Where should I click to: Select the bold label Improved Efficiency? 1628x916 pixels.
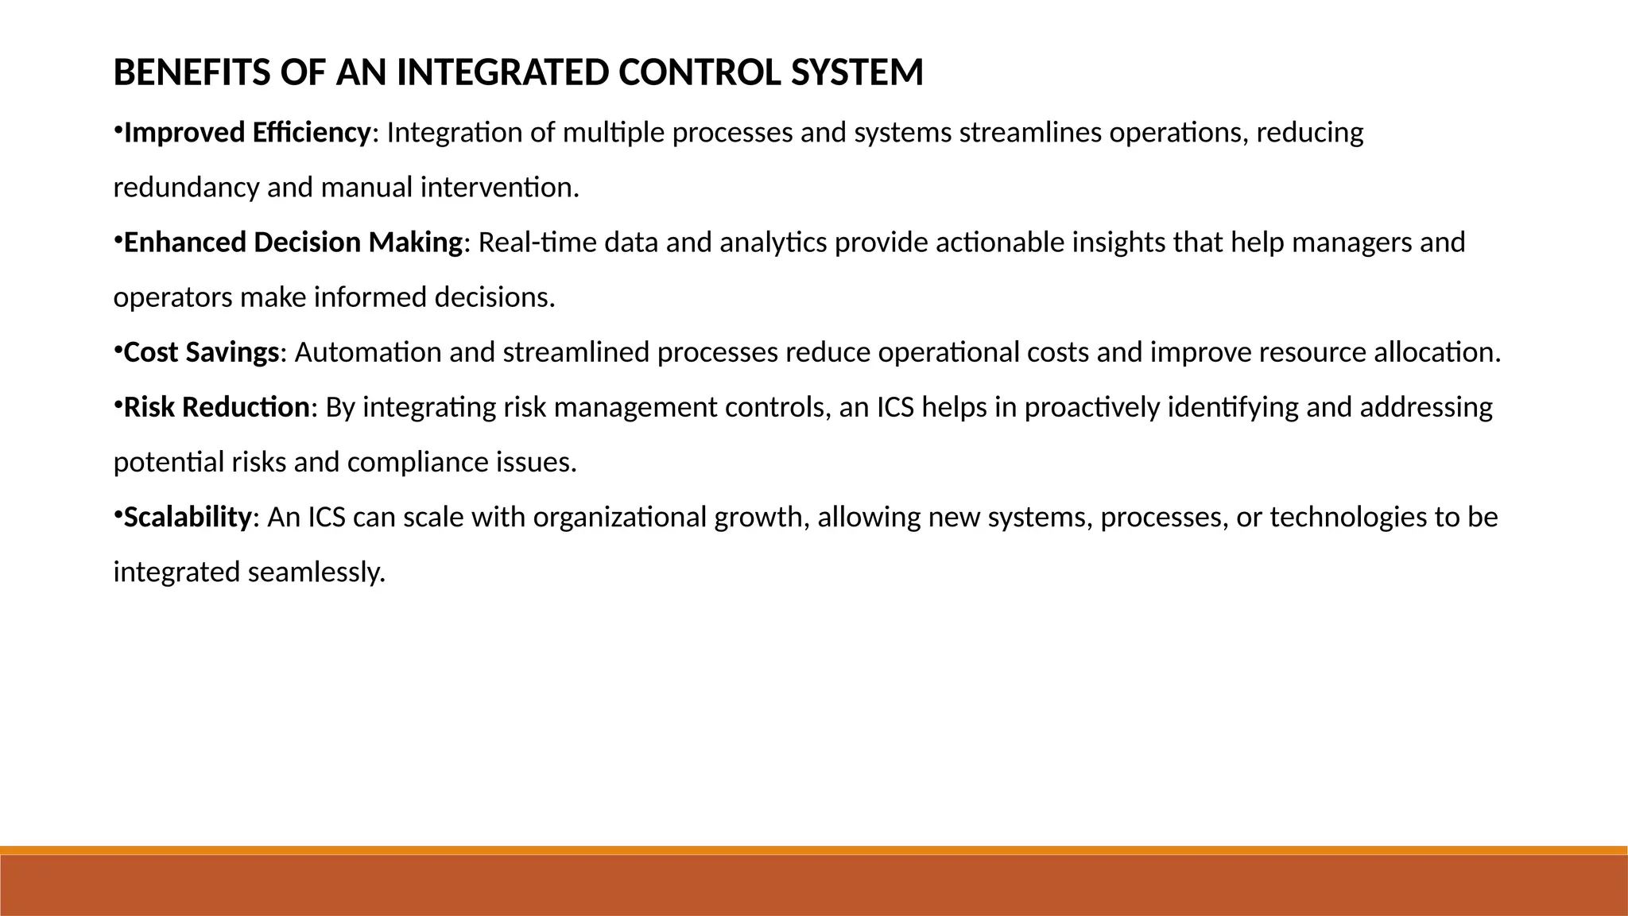pyautogui.click(x=247, y=133)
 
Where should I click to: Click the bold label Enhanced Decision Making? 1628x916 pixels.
pyautogui.click(x=293, y=243)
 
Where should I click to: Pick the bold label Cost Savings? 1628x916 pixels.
pyautogui.click(x=202, y=352)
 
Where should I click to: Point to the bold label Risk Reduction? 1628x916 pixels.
pyautogui.click(x=216, y=407)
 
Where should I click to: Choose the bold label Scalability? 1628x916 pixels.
pyautogui.click(x=188, y=518)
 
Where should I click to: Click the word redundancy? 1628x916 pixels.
pyautogui.click(x=186, y=188)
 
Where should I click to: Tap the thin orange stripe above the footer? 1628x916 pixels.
pyautogui.click(x=814, y=850)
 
